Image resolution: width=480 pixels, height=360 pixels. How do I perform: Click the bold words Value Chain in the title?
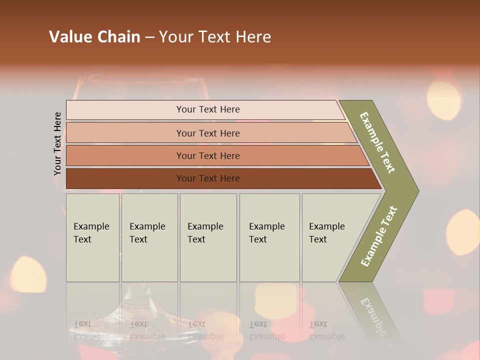point(94,37)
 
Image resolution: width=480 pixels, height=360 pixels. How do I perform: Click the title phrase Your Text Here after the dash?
point(215,37)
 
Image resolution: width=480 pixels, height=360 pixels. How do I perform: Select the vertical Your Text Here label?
point(58,144)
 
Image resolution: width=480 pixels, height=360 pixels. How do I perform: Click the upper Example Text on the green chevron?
point(377,142)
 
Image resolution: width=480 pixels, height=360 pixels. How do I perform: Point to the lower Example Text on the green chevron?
point(379,236)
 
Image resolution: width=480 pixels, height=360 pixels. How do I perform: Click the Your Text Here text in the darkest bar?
point(208,178)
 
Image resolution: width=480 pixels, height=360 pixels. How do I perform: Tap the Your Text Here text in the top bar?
point(208,109)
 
